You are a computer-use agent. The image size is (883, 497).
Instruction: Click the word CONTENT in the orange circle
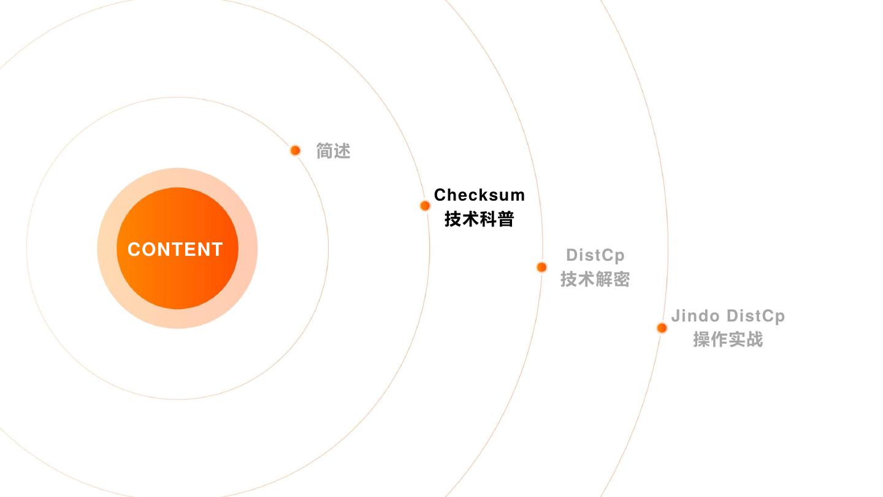175,249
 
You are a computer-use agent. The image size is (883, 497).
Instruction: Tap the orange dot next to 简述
295,150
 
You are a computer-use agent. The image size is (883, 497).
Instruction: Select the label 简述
333,151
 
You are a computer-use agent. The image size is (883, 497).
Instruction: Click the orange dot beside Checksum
425,206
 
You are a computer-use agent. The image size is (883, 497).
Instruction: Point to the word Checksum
479,195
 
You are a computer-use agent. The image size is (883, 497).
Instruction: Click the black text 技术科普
479,219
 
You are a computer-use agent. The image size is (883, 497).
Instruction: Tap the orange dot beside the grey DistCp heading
541,267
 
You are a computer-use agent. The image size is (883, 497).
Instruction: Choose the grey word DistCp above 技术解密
595,255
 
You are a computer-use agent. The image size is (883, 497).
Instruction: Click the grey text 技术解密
595,279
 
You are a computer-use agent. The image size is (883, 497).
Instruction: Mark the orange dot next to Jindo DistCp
662,328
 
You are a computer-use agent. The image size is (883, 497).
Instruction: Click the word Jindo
695,316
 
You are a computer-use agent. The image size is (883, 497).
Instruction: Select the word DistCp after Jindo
755,316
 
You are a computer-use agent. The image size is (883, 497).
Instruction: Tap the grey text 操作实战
728,339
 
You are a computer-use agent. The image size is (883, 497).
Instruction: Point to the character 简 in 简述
324,151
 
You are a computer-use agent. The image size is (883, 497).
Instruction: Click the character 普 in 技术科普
505,219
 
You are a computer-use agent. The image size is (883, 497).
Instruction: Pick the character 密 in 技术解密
621,279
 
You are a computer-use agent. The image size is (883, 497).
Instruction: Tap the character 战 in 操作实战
754,339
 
